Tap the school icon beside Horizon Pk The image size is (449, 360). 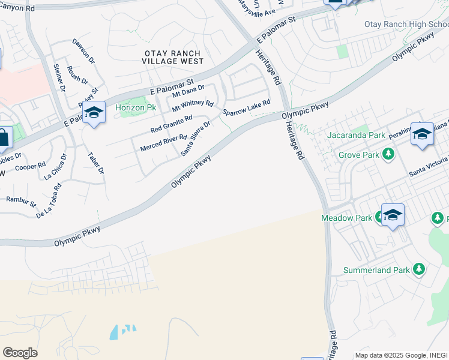point(94,113)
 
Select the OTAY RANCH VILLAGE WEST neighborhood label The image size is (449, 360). point(174,57)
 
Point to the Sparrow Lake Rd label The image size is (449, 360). point(246,107)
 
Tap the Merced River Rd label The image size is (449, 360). point(163,143)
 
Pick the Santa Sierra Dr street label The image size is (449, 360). point(196,139)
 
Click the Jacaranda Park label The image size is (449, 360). point(356,136)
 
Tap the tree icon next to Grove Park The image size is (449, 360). point(389,155)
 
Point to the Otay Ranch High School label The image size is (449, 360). point(406,25)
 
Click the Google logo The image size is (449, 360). point(20,352)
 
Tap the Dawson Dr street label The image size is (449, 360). point(83,52)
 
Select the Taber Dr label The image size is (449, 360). point(96,162)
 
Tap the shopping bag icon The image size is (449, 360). point(4,138)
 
